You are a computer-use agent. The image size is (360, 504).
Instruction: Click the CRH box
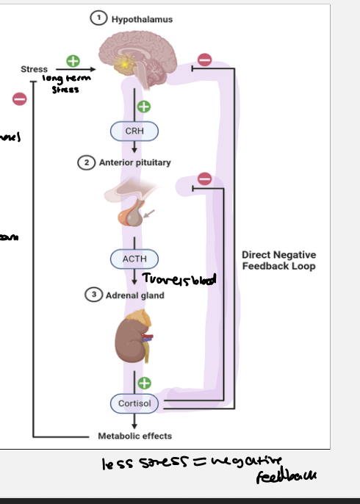134,131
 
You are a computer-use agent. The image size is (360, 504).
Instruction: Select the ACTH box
134,259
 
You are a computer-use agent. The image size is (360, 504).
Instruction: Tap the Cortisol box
134,403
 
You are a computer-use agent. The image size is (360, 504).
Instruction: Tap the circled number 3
93,295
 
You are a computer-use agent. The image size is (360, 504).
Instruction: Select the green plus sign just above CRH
144,107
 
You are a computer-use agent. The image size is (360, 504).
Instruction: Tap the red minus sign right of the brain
206,60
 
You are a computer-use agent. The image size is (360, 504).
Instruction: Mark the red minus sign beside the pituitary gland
206,179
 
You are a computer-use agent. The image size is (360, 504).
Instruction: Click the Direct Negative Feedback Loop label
278,260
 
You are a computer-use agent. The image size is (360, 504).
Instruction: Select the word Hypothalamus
142,19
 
